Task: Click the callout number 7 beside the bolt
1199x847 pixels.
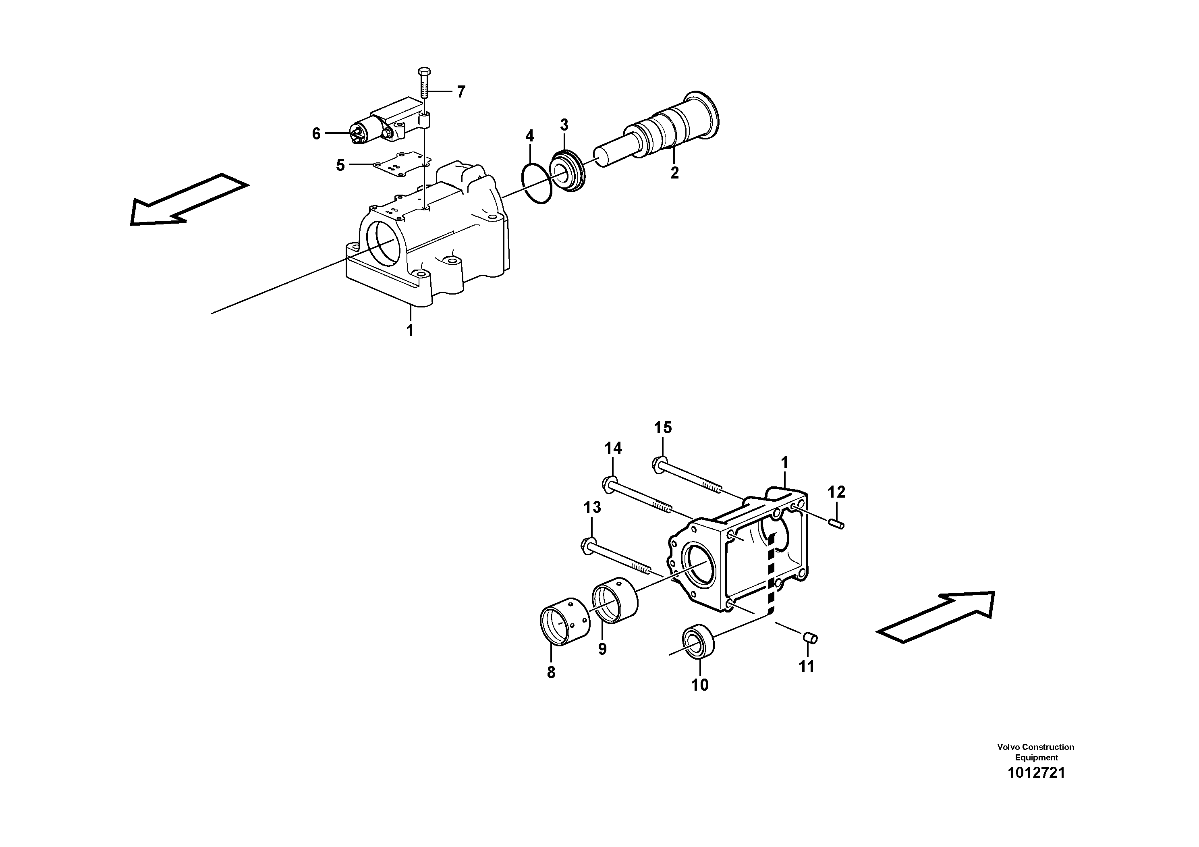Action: [x=460, y=92]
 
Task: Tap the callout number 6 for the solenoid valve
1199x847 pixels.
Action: [x=316, y=134]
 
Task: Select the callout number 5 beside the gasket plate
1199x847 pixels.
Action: [x=340, y=166]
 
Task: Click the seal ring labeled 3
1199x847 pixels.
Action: [x=568, y=171]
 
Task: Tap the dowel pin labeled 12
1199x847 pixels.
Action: [x=836, y=522]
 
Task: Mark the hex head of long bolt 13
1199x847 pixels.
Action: [x=588, y=546]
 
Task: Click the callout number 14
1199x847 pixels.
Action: [x=613, y=448]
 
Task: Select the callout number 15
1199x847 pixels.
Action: [x=663, y=428]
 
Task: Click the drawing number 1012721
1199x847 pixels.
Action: [x=1035, y=773]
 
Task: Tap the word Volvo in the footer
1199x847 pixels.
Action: [x=1008, y=747]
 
